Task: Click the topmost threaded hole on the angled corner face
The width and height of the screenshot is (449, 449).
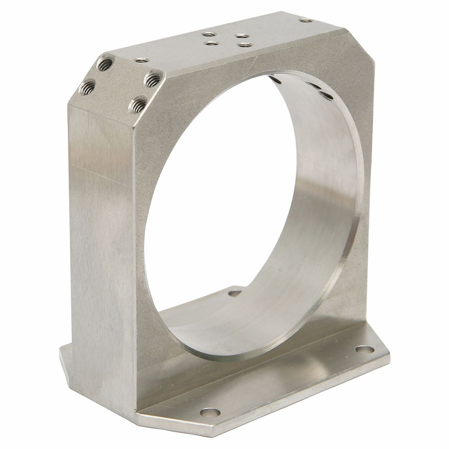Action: (x=105, y=64)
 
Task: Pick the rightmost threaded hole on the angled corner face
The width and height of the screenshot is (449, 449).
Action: (x=153, y=80)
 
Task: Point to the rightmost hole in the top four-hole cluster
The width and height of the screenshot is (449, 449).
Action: (x=245, y=44)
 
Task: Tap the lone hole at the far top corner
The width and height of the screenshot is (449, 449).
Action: (x=306, y=20)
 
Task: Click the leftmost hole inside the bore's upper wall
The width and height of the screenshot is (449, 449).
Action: (x=276, y=80)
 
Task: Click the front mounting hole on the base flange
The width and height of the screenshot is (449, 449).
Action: (x=210, y=413)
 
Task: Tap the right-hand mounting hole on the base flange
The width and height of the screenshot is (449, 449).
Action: (x=364, y=349)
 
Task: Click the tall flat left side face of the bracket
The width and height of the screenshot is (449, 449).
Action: (x=101, y=236)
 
